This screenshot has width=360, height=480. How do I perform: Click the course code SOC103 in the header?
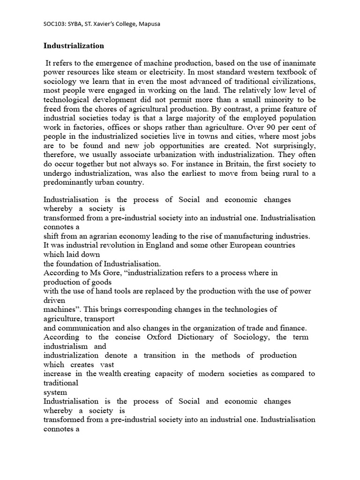tap(54, 24)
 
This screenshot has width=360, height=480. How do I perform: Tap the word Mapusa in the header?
tap(149, 24)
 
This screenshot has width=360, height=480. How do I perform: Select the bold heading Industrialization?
tap(74, 46)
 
